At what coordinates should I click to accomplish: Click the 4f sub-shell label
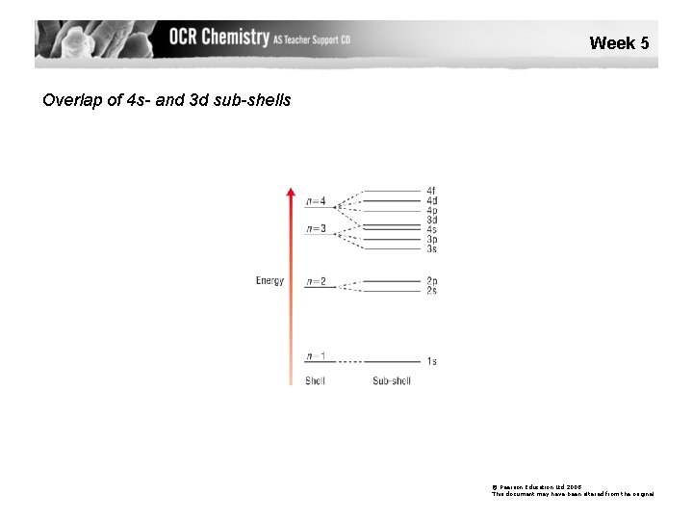pos(431,191)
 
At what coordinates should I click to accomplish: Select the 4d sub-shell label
pos(431,200)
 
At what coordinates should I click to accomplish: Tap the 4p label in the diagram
pos(431,210)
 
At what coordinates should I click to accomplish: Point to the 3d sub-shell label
pos(431,220)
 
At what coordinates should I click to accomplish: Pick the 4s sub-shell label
pos(431,229)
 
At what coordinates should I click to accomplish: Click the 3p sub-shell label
pos(431,239)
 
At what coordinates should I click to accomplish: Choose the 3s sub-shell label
pos(431,248)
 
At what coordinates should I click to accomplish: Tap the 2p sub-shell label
pos(431,281)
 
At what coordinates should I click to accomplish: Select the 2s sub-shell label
pos(431,290)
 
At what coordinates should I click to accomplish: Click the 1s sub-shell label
pos(431,361)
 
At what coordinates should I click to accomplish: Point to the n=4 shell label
pos(316,201)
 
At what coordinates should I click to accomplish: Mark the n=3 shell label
pos(316,228)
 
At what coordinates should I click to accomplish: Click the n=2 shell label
pos(316,281)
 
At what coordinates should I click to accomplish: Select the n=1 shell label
pos(316,356)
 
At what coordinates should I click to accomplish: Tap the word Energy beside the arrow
pos(269,281)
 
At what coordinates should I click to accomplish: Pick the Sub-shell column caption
pos(392,381)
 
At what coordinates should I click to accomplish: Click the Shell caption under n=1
pos(315,381)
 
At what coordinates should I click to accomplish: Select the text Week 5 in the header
pos(619,42)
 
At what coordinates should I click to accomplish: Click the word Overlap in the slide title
pos(70,99)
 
